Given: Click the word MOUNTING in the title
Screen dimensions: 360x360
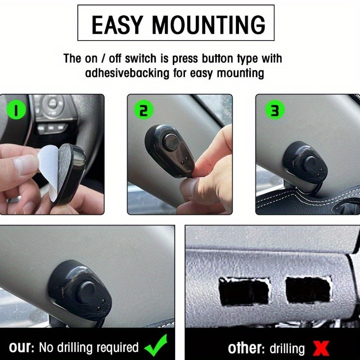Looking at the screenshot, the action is (x=208, y=25).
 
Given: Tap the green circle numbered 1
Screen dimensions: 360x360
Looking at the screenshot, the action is (x=16, y=110).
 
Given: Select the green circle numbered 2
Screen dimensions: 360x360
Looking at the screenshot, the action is (x=144, y=110).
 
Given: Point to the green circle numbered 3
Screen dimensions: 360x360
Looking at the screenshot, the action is (x=275, y=110).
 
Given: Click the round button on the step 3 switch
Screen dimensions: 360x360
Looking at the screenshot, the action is (x=310, y=163).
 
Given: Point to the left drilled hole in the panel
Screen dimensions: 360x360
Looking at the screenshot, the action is (x=244, y=291).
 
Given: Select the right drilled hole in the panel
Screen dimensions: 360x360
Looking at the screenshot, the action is (x=308, y=290).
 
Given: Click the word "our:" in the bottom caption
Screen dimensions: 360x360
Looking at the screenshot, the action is (x=22, y=348).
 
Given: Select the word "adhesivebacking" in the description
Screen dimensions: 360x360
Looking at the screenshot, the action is (x=127, y=73).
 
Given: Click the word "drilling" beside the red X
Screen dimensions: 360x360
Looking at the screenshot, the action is (x=287, y=349).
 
